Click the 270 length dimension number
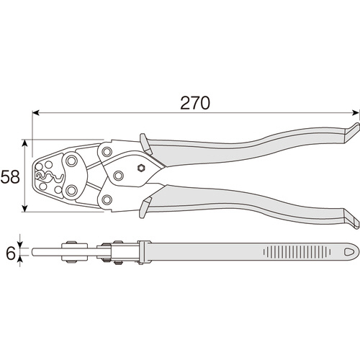tap(195, 103)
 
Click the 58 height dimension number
tap(10, 176)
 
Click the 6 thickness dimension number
tap(10, 253)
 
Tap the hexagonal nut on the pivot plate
tap(141, 168)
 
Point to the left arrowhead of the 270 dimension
tap(35, 112)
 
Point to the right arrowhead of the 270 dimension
tap(356, 112)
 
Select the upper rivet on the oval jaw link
tap(71, 161)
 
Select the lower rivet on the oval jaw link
tap(71, 190)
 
